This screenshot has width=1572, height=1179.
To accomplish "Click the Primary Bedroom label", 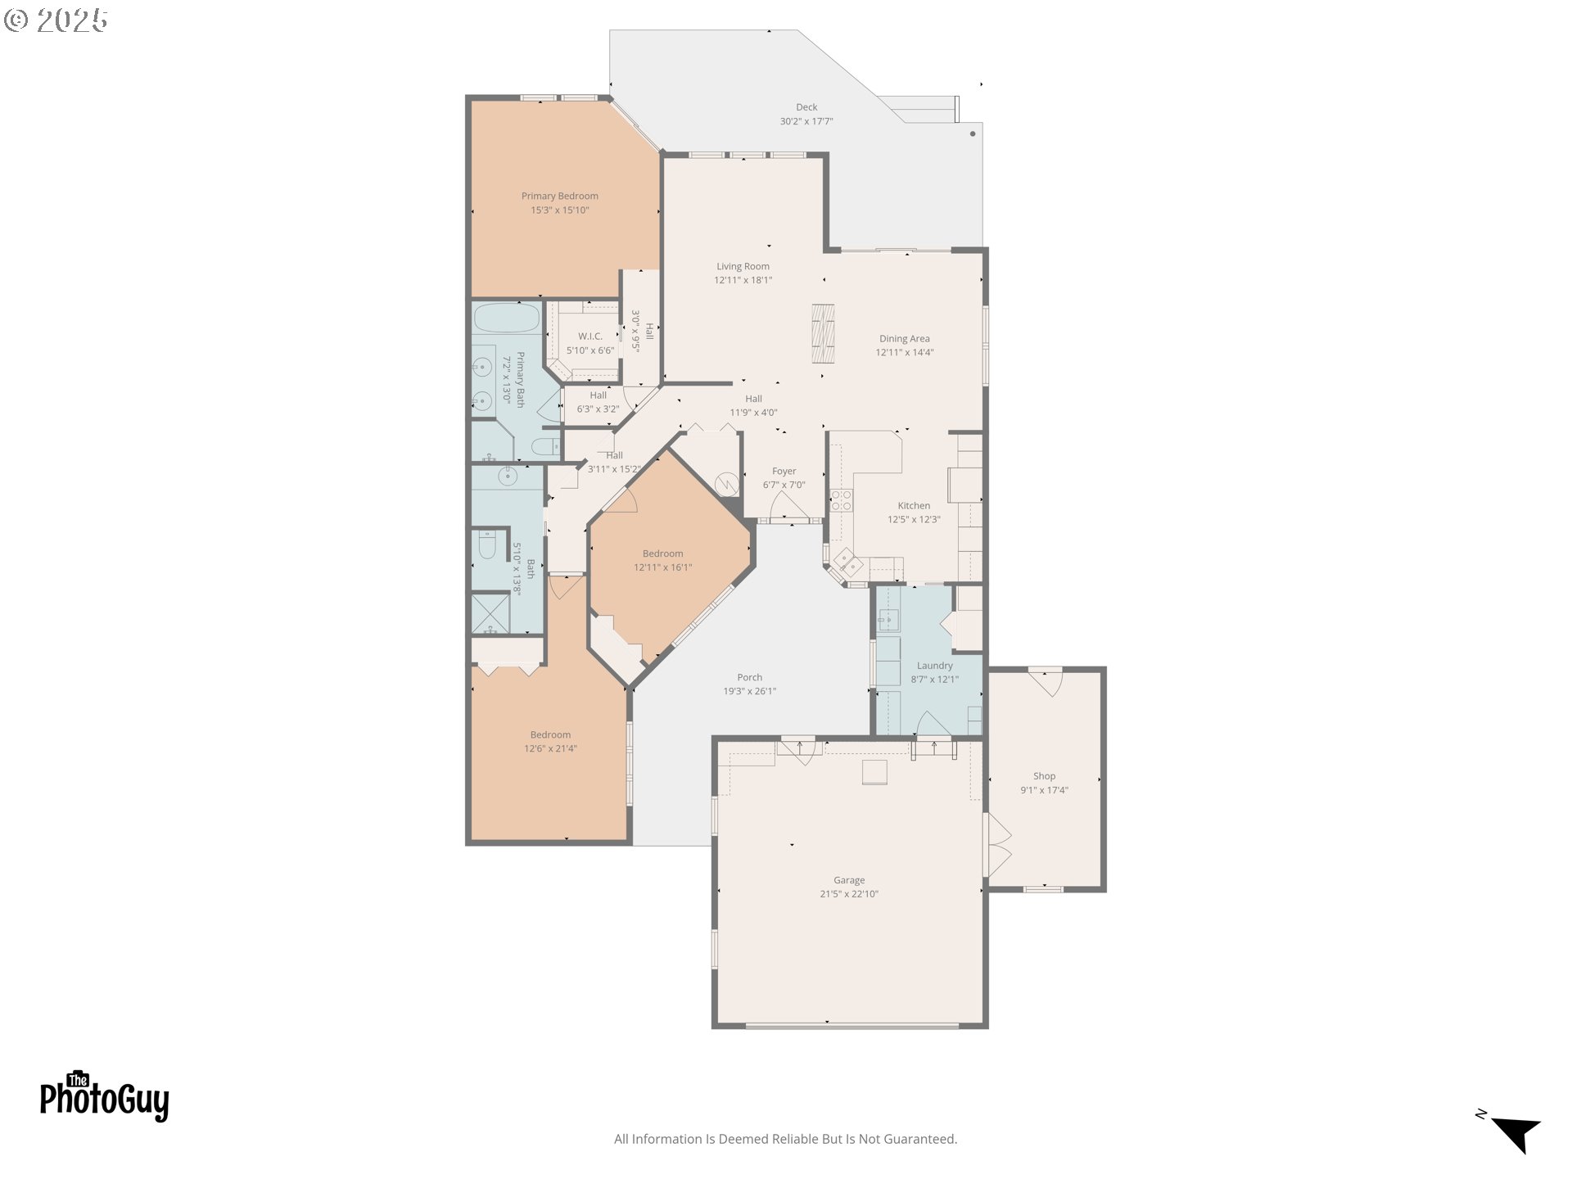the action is [x=560, y=196].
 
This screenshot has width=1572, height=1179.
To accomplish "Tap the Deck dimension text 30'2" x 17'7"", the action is [x=806, y=121].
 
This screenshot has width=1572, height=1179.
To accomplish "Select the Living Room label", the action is [x=743, y=266].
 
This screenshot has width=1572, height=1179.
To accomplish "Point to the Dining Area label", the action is [x=904, y=338].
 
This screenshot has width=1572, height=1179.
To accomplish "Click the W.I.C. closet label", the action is [x=590, y=337].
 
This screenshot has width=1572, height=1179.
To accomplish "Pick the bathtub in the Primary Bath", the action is [x=507, y=318].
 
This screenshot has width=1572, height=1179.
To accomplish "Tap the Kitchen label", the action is [x=914, y=506].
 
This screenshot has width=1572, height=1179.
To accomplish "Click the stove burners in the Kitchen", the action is [x=842, y=500].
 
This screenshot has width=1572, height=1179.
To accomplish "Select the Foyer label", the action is [x=784, y=472].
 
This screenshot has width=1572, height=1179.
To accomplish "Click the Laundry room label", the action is [x=934, y=666].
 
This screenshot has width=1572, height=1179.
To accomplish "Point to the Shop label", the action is [x=1044, y=776].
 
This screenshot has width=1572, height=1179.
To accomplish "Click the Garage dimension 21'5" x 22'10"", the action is [x=849, y=894].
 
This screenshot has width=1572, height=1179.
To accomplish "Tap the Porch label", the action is [x=749, y=677].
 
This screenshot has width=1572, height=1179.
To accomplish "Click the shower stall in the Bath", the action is [x=490, y=613].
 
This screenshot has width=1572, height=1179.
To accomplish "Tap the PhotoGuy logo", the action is [x=105, y=1095].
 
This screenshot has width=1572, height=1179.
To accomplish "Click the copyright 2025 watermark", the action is [x=56, y=20].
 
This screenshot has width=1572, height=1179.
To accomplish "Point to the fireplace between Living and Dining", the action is [x=823, y=333].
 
